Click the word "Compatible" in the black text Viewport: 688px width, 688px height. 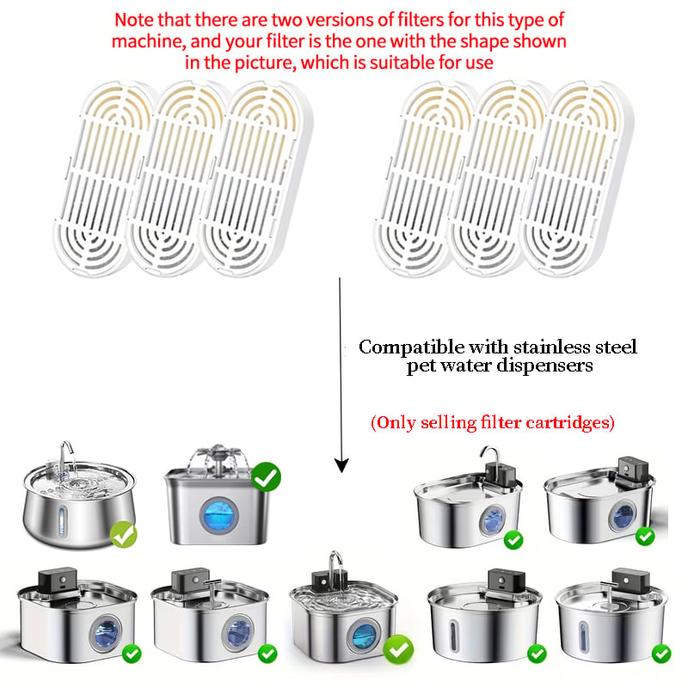411,347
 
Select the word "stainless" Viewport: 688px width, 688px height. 552,347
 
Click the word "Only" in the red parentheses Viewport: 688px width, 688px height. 394,422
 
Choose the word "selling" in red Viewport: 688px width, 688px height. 448,422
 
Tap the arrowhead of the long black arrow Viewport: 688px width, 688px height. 341,465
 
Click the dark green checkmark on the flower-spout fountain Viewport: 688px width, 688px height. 266,477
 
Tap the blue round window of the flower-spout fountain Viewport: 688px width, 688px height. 219,515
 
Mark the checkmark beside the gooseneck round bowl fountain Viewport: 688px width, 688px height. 123,534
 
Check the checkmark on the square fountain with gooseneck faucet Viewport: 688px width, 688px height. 398,649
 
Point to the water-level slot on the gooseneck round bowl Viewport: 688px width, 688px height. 62,519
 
